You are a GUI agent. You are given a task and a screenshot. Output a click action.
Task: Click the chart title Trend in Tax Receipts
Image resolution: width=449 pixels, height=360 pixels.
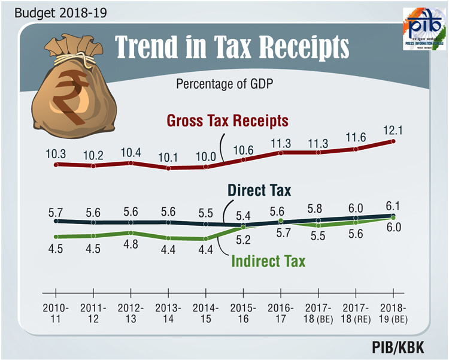tap(232, 46)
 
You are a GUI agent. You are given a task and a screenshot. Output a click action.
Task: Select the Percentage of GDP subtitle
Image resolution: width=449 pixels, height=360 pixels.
tap(224, 84)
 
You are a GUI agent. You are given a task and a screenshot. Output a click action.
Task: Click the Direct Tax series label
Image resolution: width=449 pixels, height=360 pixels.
tap(259, 191)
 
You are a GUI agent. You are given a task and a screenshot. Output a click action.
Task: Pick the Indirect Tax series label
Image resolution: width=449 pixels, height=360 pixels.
tap(268, 261)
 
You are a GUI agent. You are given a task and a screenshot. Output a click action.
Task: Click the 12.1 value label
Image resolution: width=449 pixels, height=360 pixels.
tap(393, 128)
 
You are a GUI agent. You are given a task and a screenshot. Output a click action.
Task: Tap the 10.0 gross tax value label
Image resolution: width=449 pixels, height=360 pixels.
tap(206, 155)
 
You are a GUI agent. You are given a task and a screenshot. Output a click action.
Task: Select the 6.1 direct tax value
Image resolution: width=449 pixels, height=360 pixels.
tap(393, 204)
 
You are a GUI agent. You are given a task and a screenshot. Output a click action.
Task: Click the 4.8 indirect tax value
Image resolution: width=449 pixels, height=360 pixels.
tap(131, 244)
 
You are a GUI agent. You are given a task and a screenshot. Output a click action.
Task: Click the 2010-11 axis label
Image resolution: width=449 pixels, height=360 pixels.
tap(55, 313)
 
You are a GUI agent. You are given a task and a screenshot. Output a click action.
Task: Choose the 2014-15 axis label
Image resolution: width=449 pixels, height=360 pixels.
tap(206, 313)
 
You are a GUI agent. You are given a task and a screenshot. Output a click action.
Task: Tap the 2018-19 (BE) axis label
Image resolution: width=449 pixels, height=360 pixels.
tap(393, 313)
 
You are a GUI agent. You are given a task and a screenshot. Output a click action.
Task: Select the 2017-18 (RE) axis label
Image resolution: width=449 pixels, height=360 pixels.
tap(356, 313)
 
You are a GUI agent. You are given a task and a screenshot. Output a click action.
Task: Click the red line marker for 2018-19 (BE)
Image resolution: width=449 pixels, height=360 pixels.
tap(393, 141)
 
